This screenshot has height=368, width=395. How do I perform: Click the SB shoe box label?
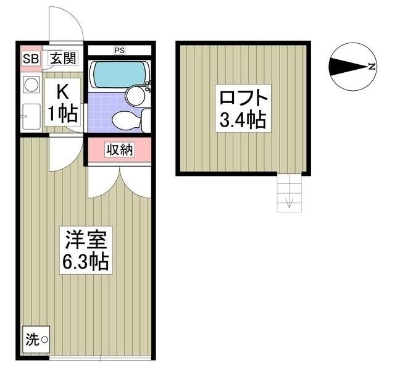click(x=30, y=59)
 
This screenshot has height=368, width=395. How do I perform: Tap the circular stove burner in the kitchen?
click(x=30, y=84)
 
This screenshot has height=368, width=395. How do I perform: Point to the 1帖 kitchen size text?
click(x=63, y=114)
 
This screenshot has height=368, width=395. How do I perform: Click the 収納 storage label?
click(x=118, y=149)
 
